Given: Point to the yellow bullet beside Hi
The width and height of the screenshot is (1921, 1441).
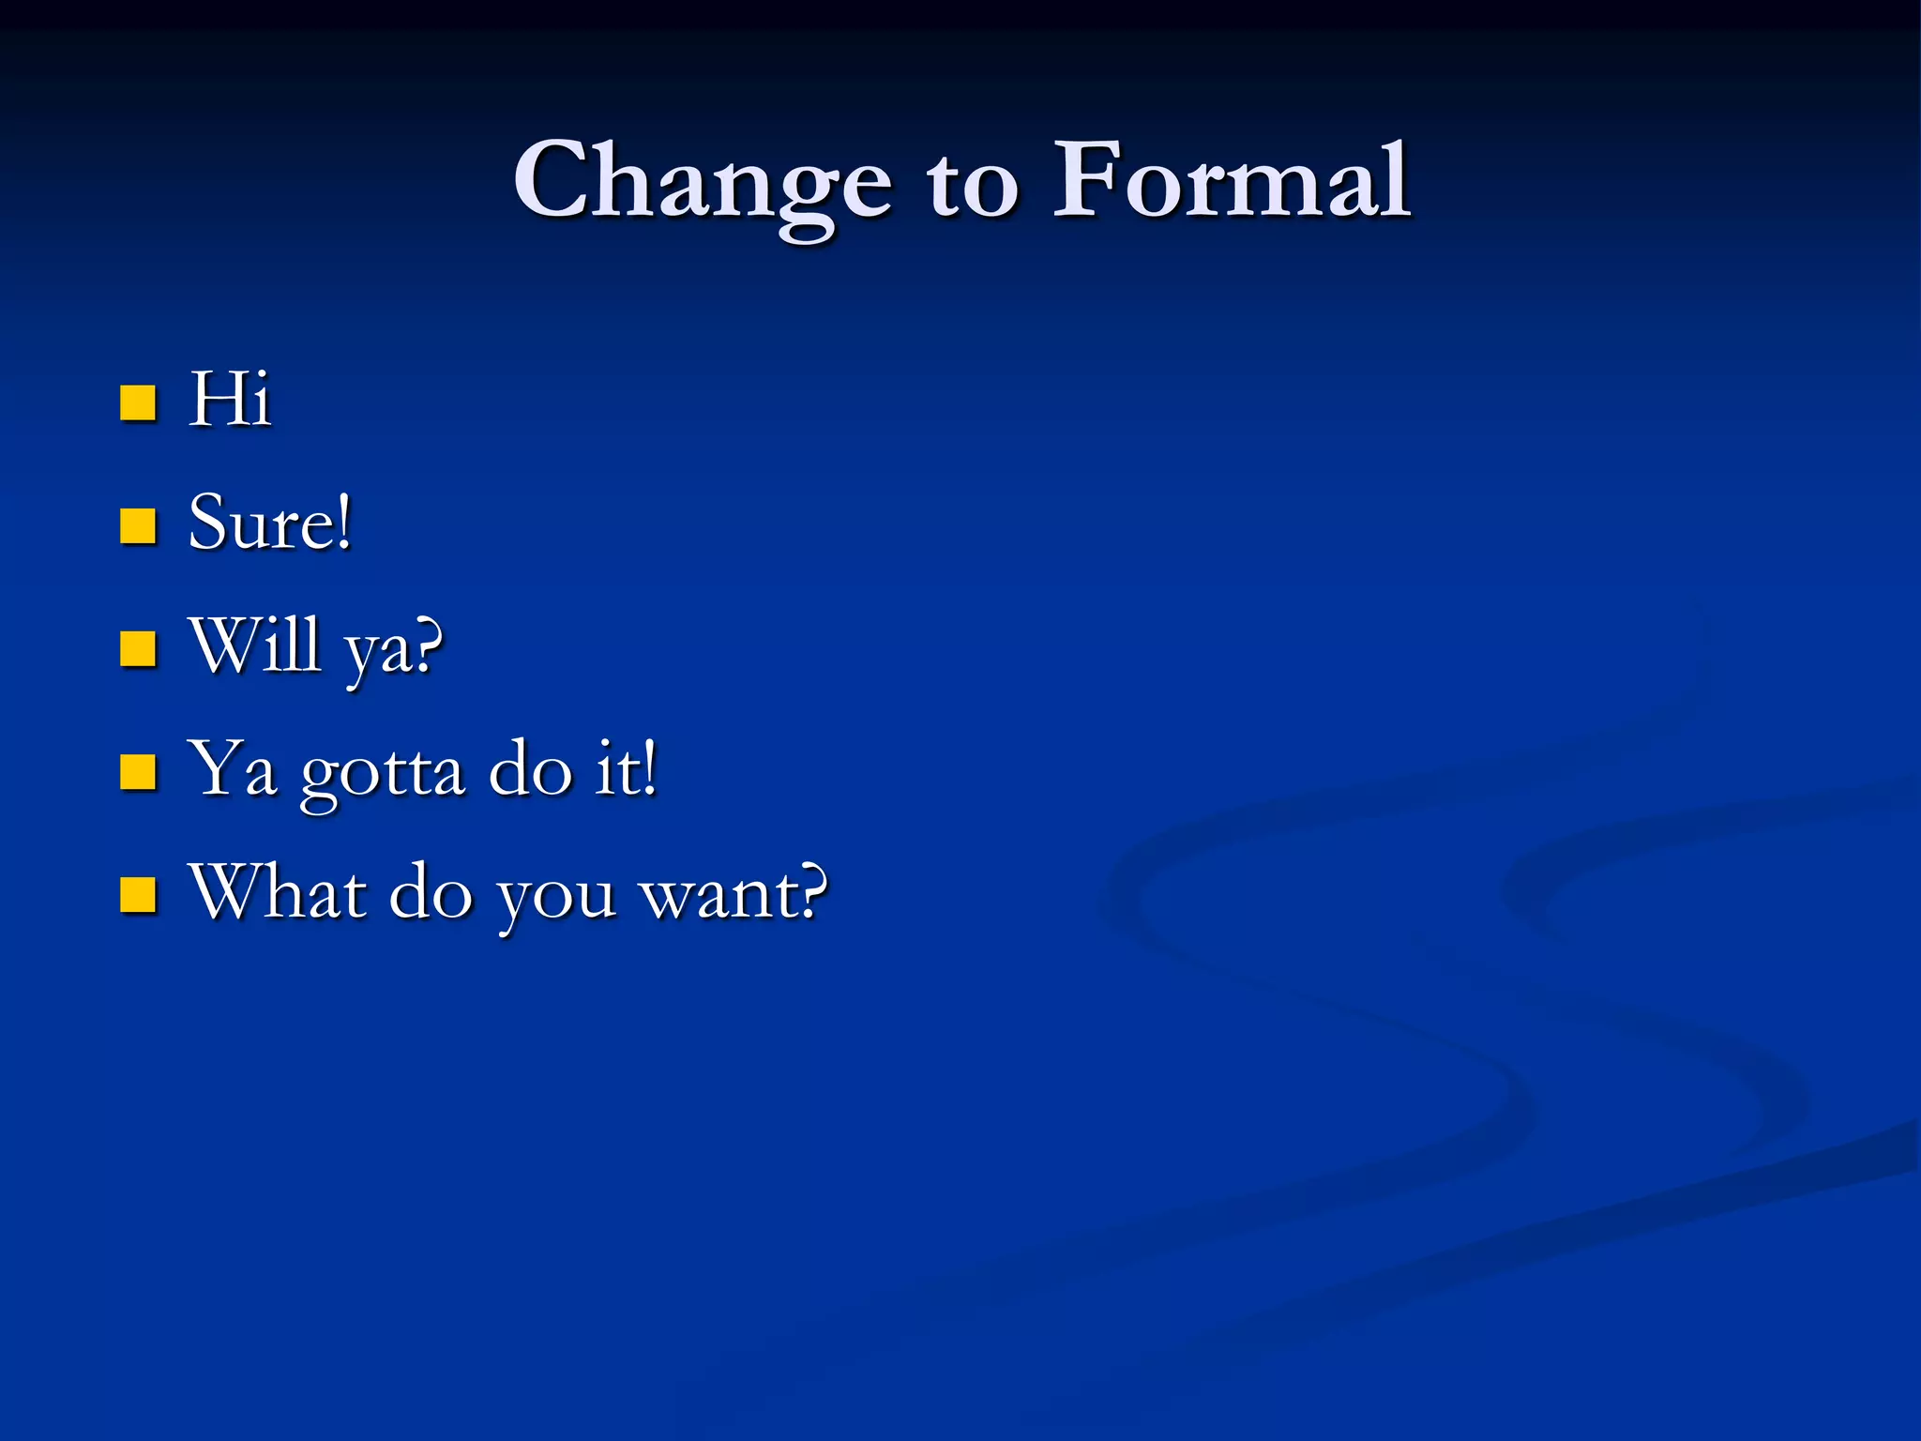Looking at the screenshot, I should point(138,402).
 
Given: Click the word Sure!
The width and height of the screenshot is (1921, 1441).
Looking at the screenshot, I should point(270,523).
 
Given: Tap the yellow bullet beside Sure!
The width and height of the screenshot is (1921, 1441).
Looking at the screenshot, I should point(138,526).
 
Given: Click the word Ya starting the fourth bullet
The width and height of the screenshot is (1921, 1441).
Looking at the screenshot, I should point(233,769).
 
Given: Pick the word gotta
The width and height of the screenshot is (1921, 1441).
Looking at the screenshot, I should point(383,774).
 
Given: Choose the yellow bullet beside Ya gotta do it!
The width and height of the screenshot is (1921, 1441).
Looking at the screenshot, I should point(138,772).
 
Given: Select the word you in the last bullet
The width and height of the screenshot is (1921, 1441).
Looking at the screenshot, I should point(556,898).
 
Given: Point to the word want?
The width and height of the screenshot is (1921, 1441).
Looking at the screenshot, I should point(734,893).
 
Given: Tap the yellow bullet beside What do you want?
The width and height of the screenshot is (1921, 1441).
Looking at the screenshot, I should point(138,895).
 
